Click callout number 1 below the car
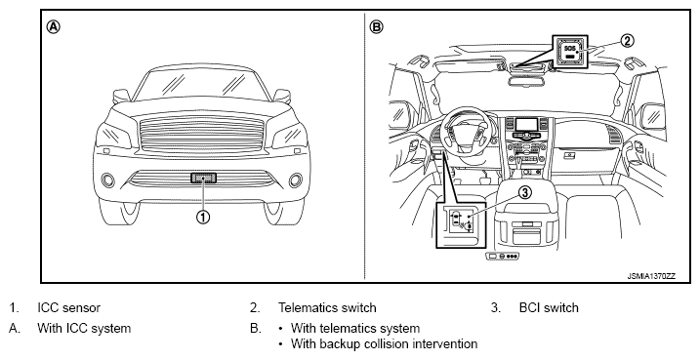click(203, 218)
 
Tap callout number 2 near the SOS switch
click(627, 41)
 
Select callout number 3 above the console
click(525, 192)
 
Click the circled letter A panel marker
click(53, 27)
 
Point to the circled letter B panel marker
click(376, 27)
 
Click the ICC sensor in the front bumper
click(204, 178)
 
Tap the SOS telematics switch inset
click(570, 52)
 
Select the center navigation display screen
click(526, 125)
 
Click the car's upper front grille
click(202, 134)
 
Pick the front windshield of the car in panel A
click(203, 84)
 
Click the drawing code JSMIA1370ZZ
click(651, 276)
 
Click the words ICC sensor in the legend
click(68, 308)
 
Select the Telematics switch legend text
click(327, 308)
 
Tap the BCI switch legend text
click(549, 308)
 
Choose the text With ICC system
click(84, 329)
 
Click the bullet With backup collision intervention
click(384, 344)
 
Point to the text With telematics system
click(355, 329)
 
